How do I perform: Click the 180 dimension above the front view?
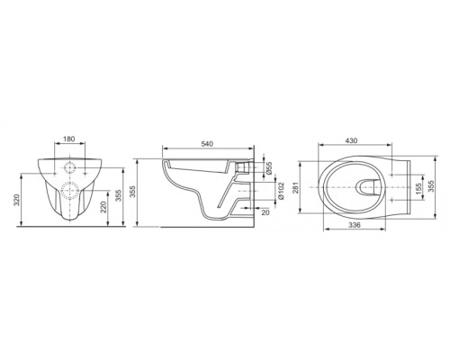(69, 139)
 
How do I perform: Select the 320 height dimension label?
(17, 200)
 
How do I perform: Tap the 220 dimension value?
(103, 207)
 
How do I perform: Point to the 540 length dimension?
(207, 144)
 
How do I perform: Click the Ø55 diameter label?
(269, 168)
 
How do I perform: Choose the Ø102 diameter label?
(281, 191)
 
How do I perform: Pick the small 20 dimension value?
(265, 212)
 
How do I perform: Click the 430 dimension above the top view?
(351, 140)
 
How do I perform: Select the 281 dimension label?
(295, 187)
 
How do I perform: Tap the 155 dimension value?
(418, 187)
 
